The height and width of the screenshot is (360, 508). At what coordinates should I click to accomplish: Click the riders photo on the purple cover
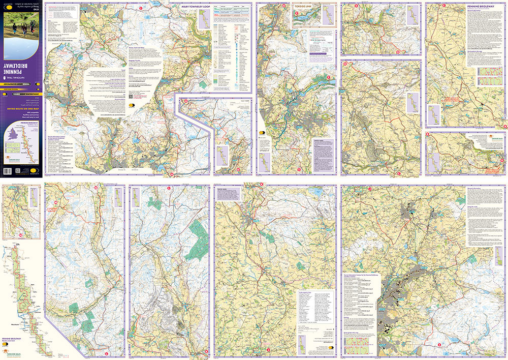pyautogui.click(x=22, y=22)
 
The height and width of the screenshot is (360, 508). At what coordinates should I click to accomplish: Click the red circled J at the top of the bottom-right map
pyautogui.click(x=370, y=190)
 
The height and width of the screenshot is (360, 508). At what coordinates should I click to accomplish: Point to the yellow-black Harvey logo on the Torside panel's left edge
pyautogui.click(x=262, y=133)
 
